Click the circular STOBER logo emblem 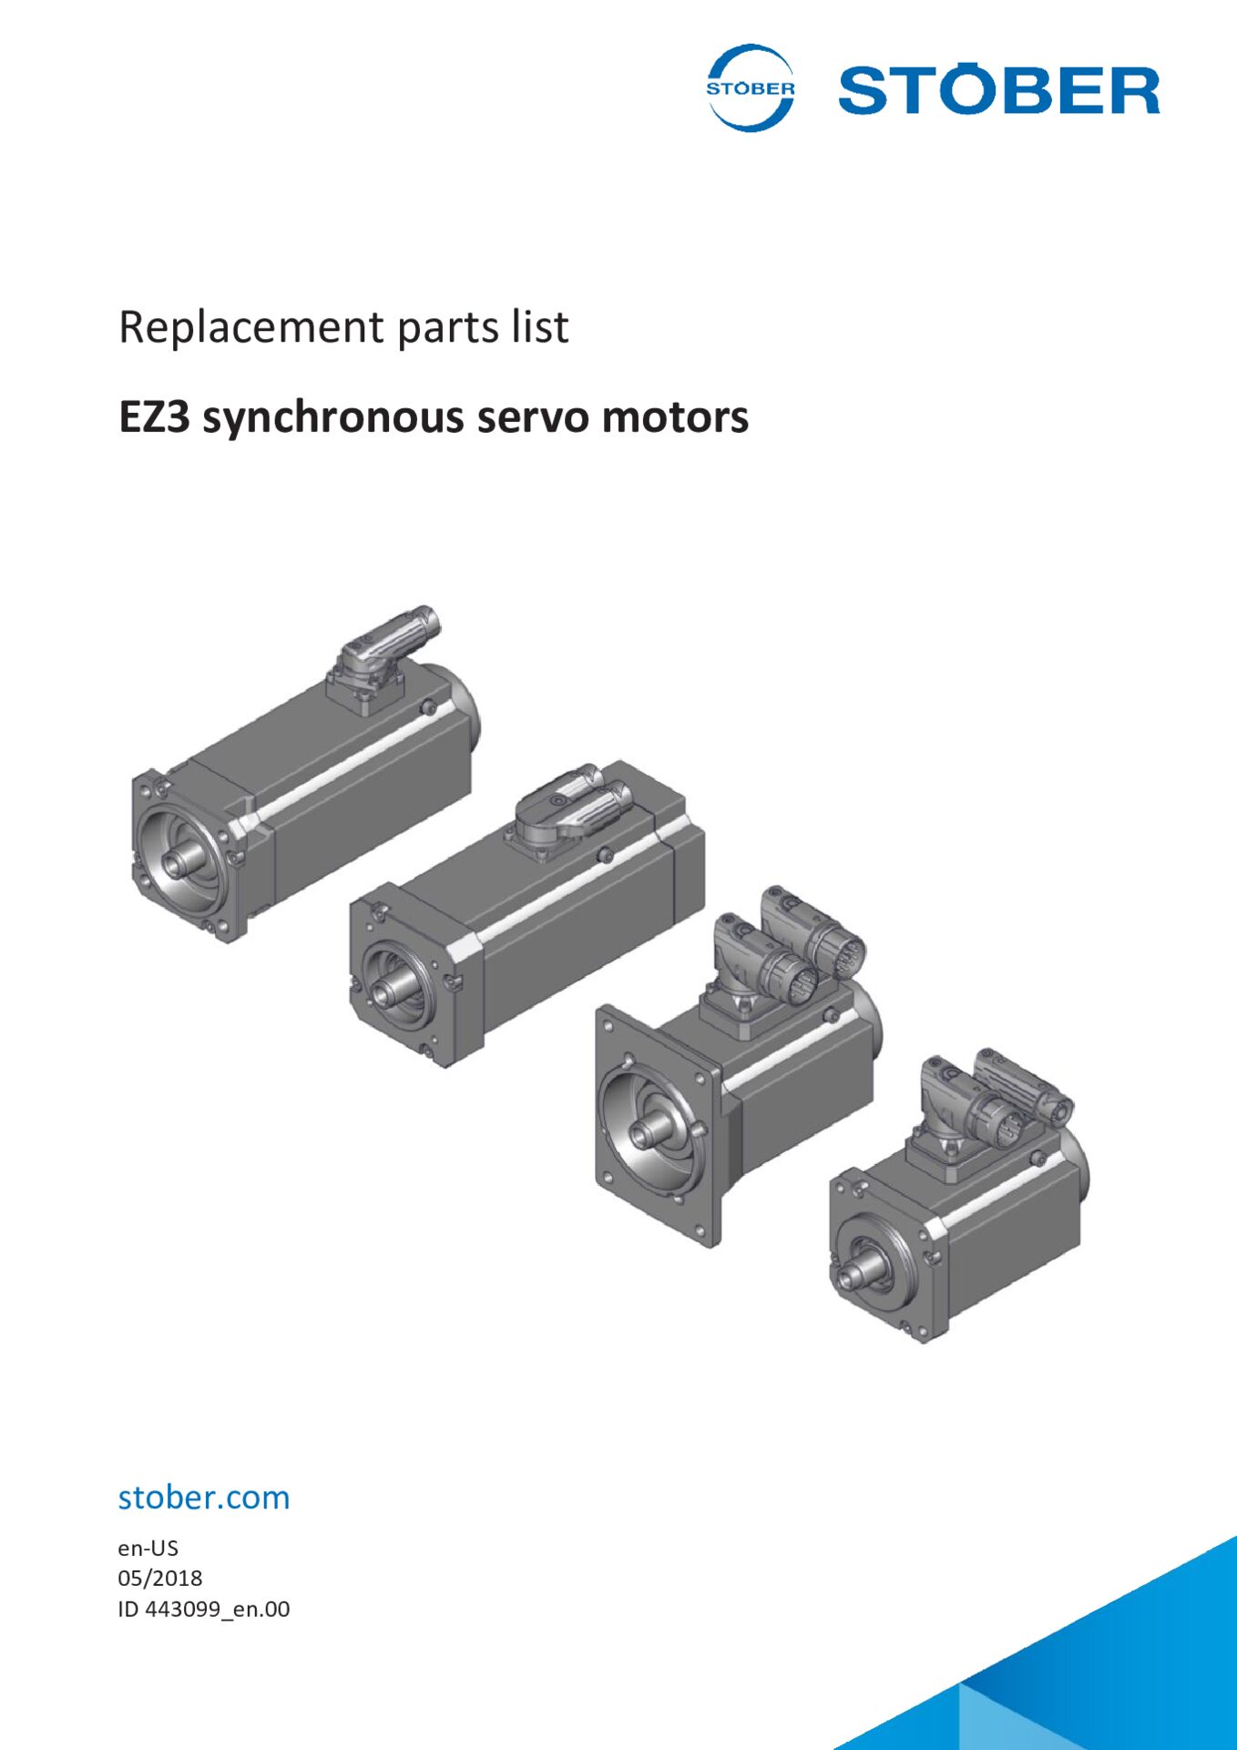point(750,88)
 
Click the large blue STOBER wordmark point(998,90)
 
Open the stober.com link point(204,1498)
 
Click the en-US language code point(148,1548)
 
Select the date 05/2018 point(159,1578)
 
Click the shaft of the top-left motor point(179,862)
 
